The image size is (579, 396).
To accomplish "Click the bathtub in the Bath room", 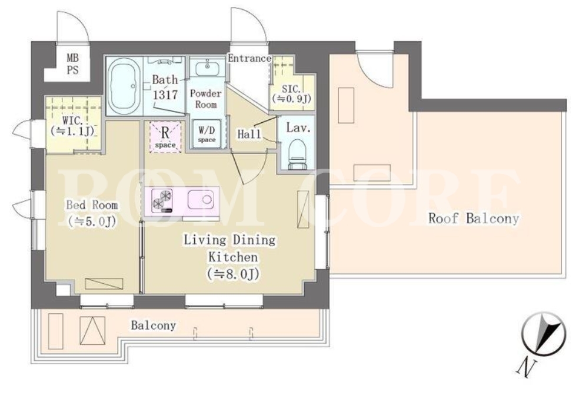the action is (x=124, y=86).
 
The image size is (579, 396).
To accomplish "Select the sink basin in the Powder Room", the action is (x=207, y=69).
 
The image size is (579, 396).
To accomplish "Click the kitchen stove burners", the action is (x=162, y=200).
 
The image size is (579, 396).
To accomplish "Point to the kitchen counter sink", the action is (x=201, y=199).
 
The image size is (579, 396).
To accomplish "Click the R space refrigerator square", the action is (x=165, y=136).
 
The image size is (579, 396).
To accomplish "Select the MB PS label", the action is (x=73, y=64).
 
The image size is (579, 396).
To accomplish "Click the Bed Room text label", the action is (x=92, y=205).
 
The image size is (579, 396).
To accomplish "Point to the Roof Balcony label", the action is (x=474, y=219).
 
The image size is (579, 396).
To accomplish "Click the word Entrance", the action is (x=249, y=58).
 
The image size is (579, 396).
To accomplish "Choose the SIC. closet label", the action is (x=291, y=94).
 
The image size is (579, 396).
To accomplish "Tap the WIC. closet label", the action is (x=73, y=125).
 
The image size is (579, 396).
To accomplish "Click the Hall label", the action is (x=249, y=133).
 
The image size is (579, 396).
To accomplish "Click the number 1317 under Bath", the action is (x=165, y=95).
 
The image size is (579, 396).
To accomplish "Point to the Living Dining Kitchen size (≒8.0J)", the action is (x=232, y=274).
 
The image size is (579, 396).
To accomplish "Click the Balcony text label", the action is (x=153, y=325).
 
